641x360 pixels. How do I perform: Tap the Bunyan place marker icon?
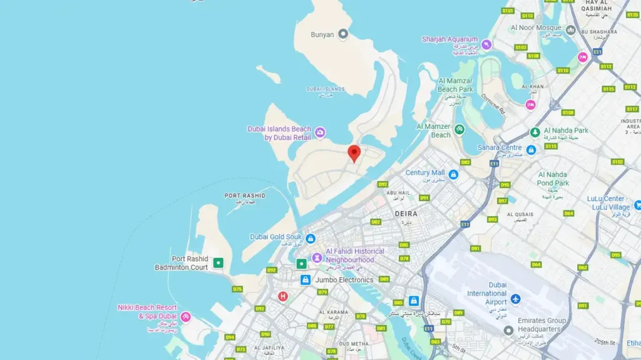(x=343, y=34)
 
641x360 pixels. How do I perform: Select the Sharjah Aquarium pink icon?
(x=486, y=44)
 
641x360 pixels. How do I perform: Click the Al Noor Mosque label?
(x=536, y=28)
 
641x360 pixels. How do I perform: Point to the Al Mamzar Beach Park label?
(x=456, y=85)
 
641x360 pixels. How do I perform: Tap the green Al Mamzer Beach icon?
(x=459, y=130)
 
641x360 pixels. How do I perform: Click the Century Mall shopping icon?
(x=453, y=174)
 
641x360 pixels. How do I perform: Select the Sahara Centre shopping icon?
(x=531, y=150)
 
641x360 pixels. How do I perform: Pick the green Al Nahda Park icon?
(x=535, y=132)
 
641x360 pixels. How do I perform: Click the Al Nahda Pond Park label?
(x=553, y=179)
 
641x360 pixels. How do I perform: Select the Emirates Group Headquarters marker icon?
(x=508, y=330)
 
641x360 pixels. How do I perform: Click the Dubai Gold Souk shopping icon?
(x=310, y=239)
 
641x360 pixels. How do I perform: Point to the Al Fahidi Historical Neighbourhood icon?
(x=317, y=257)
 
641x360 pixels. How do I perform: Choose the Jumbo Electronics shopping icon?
(x=305, y=280)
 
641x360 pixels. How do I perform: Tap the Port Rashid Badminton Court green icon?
(x=218, y=263)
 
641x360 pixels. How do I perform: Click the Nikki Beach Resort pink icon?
(x=185, y=317)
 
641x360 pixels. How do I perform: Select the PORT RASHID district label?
(x=245, y=196)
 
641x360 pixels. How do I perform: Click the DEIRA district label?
(x=406, y=213)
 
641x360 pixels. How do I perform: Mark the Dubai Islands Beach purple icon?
(x=320, y=132)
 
